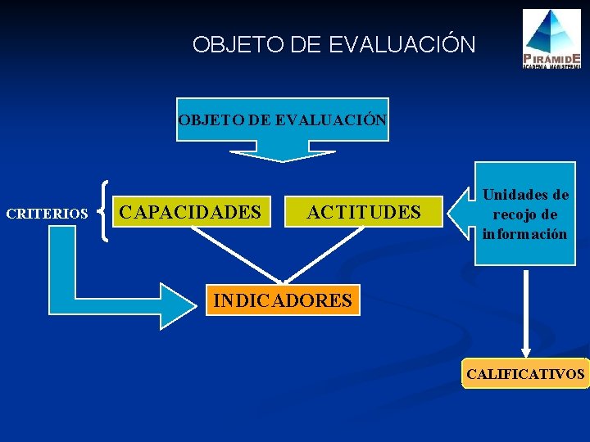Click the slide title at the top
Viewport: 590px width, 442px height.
coord(334,44)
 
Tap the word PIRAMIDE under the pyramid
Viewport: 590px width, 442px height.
coord(553,58)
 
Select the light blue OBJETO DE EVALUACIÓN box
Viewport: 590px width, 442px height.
coord(283,120)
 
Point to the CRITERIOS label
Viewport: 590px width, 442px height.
coord(47,214)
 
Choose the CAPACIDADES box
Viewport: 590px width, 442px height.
coord(190,213)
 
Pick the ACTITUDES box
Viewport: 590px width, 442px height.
coord(364,213)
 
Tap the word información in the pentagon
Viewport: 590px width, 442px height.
coord(524,234)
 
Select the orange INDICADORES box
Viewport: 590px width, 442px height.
coord(282,300)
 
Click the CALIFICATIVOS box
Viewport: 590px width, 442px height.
coord(525,374)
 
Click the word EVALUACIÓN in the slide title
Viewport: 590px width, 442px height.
coord(402,44)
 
